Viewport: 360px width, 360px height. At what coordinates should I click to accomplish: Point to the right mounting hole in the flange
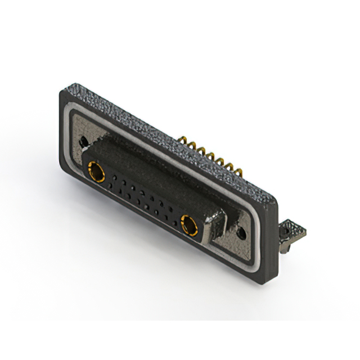tap(242, 232)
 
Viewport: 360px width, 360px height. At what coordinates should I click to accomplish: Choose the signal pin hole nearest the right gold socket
tap(175, 222)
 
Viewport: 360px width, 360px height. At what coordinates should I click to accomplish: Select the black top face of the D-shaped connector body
tap(152, 169)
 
